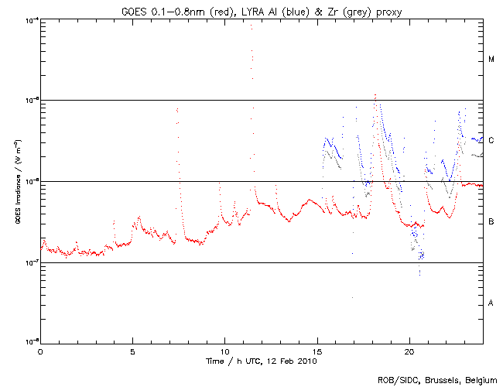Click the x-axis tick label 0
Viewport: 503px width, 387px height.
coord(40,351)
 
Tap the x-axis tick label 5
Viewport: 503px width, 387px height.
coord(132,351)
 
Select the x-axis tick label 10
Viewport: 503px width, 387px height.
coord(224,351)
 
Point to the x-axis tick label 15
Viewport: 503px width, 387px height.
coord(317,351)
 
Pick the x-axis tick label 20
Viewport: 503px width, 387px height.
coord(409,351)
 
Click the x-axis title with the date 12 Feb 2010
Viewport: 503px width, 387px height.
coord(262,360)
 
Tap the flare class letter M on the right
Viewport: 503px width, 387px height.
coord(491,60)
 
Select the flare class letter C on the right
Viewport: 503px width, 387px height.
coord(491,140)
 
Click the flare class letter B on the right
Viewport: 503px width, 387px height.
coord(491,222)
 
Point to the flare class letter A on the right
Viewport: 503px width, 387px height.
coord(491,303)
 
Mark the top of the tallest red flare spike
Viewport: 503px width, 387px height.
coord(251,26)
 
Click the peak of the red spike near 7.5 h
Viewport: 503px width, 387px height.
coord(177,109)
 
